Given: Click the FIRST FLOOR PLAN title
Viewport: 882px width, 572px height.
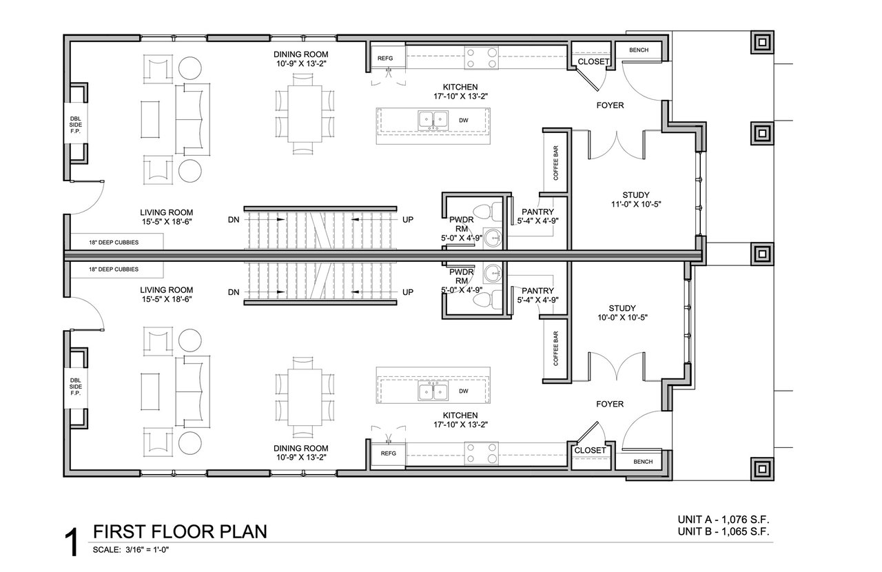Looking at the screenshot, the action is (180, 531).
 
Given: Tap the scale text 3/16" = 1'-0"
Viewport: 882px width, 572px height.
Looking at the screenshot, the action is (147, 549).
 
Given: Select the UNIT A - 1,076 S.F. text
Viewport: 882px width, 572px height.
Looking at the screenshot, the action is (724, 519).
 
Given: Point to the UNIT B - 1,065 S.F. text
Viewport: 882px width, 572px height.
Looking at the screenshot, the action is (724, 531).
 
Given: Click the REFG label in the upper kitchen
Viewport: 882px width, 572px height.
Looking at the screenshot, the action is (385, 59).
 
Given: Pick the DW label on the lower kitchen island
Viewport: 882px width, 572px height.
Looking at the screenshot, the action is (464, 391).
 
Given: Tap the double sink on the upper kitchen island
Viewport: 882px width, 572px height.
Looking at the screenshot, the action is (433, 119).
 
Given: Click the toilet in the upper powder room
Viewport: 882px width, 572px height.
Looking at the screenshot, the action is (487, 212).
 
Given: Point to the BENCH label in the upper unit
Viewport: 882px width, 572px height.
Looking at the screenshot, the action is (639, 50).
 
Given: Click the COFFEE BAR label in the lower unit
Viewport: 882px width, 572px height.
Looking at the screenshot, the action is (556, 348).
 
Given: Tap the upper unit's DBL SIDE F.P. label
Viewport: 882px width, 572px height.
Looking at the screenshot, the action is (76, 125).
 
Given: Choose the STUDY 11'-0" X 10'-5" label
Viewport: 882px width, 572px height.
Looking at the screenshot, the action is (636, 199).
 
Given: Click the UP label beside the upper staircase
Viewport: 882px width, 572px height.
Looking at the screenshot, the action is (408, 220).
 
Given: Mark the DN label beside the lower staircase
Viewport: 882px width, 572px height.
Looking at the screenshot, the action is (234, 292).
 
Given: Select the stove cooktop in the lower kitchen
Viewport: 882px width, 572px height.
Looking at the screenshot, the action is (481, 453).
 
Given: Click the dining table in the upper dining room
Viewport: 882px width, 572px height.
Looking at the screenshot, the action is (305, 114).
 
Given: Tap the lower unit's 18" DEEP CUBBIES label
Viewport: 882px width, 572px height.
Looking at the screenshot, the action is (114, 269).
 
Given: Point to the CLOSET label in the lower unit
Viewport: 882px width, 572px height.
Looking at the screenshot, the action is (590, 450).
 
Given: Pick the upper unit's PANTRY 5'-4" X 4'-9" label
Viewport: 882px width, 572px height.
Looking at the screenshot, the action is (538, 216).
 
